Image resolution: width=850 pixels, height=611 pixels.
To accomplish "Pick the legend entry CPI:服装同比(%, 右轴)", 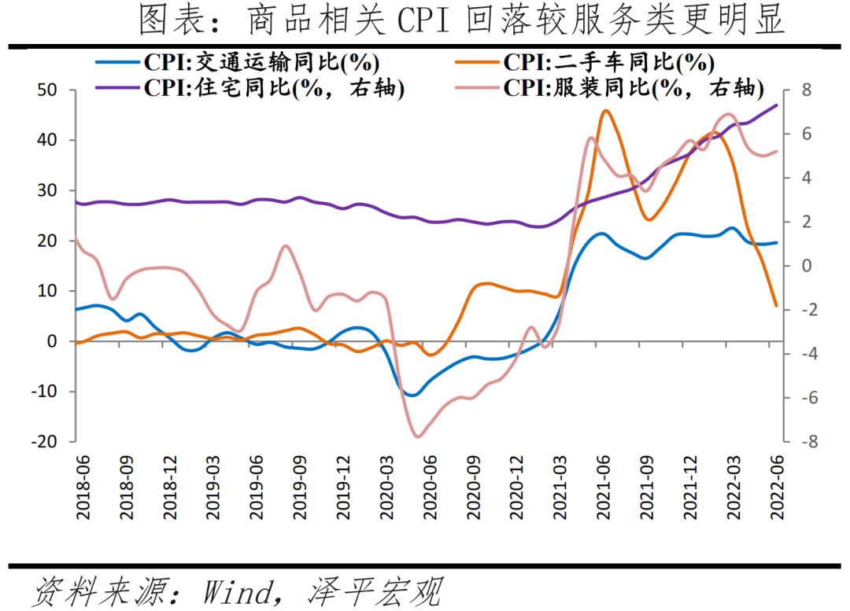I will (x=634, y=87).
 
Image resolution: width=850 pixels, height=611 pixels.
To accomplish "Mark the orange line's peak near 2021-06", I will (x=605, y=111).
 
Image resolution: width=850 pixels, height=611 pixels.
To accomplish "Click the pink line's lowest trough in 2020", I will (x=417, y=436).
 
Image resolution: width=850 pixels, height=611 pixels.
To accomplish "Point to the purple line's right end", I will (x=778, y=105).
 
